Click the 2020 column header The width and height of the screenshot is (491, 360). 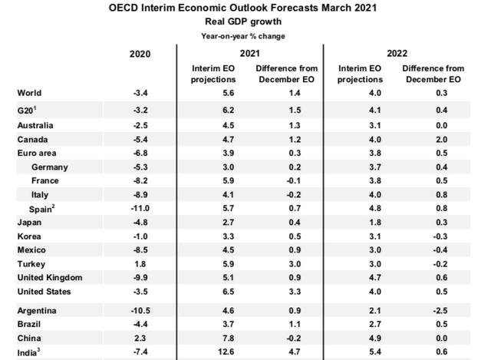(x=140, y=54)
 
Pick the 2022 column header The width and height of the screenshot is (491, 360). (x=397, y=54)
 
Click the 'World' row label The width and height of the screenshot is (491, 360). (x=30, y=93)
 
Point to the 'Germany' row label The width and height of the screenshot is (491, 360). (x=50, y=167)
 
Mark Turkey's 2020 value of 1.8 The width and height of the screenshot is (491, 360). (x=140, y=263)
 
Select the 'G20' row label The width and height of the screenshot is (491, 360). (x=29, y=110)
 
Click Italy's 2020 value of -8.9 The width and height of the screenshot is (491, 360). (x=140, y=195)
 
